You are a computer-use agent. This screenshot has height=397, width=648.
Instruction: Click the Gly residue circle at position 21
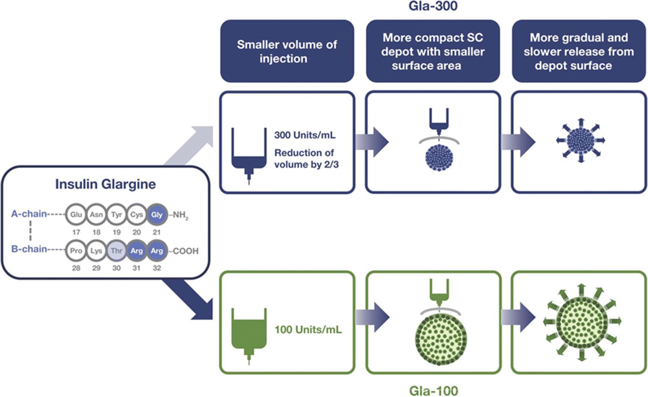[x=157, y=215]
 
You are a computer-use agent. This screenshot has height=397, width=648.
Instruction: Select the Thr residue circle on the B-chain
[x=117, y=251]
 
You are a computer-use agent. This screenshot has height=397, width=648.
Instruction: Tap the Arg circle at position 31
[x=137, y=251]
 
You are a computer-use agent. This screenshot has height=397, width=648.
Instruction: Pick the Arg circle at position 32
[x=157, y=251]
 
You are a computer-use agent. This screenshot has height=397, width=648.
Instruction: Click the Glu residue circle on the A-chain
[x=76, y=215]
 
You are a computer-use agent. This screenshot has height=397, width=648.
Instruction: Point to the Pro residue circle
[x=76, y=251]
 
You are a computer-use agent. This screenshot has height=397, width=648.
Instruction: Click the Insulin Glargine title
[x=106, y=184]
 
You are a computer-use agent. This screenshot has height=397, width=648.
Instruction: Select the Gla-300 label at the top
[x=433, y=6]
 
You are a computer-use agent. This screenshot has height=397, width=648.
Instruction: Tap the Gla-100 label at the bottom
[x=433, y=391]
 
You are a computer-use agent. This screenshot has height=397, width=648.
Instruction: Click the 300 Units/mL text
[x=305, y=135]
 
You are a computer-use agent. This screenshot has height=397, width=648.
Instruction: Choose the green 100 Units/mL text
[x=308, y=330]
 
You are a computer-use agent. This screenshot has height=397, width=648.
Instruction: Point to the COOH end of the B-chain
[x=185, y=251]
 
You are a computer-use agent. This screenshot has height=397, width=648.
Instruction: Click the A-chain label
[x=29, y=214]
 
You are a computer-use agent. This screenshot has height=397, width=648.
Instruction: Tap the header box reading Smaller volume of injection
[x=287, y=51]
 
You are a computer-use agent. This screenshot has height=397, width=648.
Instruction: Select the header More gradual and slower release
[x=579, y=51]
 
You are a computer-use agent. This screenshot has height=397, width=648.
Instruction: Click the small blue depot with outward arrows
[x=581, y=141]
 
